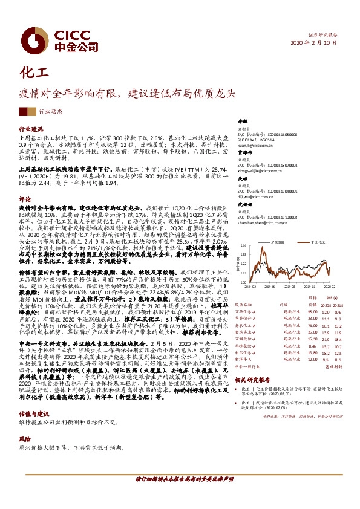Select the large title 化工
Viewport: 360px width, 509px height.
click(x=34, y=74)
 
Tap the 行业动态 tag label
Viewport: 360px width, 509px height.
click(x=51, y=112)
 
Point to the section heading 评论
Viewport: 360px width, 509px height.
click(x=25, y=198)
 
